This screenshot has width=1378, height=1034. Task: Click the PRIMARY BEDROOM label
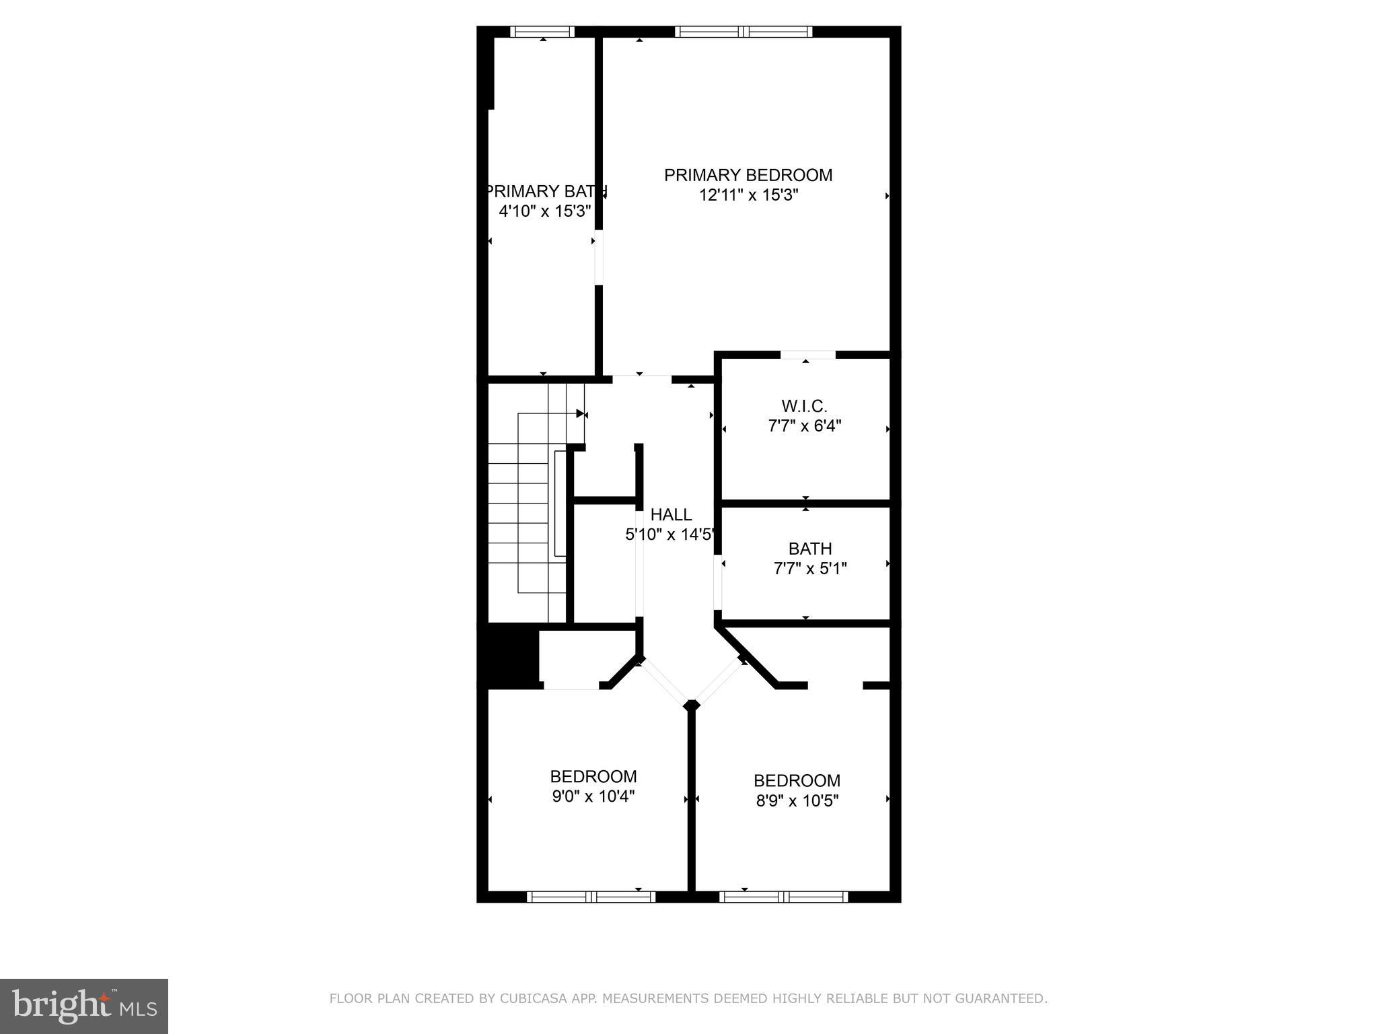(748, 175)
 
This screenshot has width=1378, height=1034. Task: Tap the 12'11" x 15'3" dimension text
(748, 195)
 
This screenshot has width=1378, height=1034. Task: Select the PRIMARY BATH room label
(546, 191)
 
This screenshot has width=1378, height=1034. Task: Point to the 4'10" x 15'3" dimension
(544, 211)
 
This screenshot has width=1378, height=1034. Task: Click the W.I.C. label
(804, 406)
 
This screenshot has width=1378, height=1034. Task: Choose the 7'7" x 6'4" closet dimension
(805, 426)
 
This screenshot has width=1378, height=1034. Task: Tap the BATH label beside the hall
(810, 549)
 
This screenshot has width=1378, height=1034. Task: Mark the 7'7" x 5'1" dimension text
(810, 569)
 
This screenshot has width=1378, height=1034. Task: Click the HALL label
(671, 514)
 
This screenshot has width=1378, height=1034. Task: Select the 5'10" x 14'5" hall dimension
(669, 535)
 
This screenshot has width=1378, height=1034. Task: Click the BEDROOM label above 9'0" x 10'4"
(593, 776)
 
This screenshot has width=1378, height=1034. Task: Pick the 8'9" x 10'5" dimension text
(797, 801)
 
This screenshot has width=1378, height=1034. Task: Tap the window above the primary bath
(542, 32)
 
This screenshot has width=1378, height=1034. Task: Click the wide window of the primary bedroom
(744, 32)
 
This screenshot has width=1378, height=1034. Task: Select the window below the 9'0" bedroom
(591, 896)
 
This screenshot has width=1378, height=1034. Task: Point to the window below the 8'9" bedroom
(783, 896)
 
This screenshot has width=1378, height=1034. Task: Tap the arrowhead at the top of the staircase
(580, 413)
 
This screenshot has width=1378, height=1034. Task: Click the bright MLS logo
(83, 1006)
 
